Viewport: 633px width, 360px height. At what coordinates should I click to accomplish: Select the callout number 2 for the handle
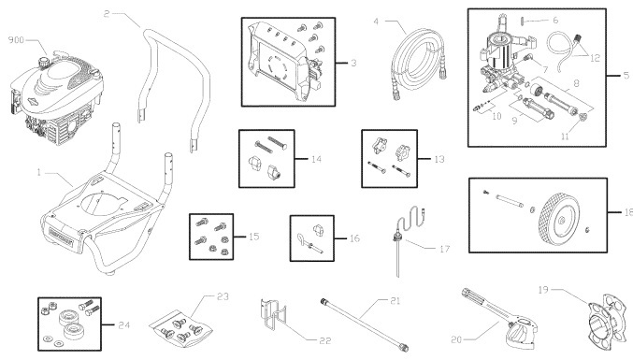pyautogui.click(x=108, y=14)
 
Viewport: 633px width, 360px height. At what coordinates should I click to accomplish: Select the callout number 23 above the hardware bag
pyautogui.click(x=222, y=297)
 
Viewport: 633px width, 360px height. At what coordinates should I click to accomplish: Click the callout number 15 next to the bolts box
pyautogui.click(x=253, y=238)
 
